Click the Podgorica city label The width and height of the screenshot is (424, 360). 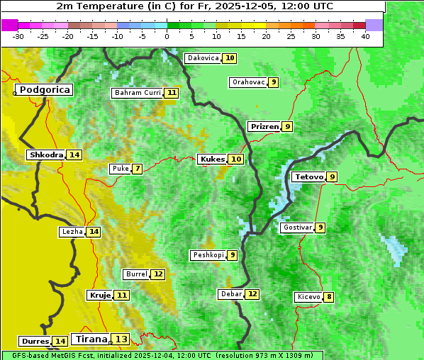point(44,90)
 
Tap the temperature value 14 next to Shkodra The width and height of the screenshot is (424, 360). point(74,154)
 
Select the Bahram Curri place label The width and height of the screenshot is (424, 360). point(138,93)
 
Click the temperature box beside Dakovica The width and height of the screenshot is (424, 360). point(230,58)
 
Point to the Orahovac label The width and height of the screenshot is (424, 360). point(248,82)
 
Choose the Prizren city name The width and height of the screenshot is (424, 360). point(264,126)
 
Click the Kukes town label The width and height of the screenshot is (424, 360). point(212,159)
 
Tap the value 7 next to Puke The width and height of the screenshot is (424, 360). point(137,169)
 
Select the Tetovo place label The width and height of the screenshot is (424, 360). point(308,176)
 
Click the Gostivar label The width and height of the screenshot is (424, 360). point(296,227)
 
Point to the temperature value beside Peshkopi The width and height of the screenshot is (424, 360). point(232,255)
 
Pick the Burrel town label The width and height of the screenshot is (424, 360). point(136,274)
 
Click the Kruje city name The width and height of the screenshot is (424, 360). point(99,295)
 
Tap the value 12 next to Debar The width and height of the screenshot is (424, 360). point(252,294)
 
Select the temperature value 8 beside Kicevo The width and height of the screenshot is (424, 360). point(328,297)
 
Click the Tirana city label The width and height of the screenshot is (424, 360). point(91,339)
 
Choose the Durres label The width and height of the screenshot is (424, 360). point(35,342)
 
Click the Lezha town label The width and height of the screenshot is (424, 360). point(72,232)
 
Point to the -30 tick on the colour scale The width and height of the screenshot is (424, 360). point(18,36)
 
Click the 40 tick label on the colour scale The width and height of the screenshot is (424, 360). point(365,36)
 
